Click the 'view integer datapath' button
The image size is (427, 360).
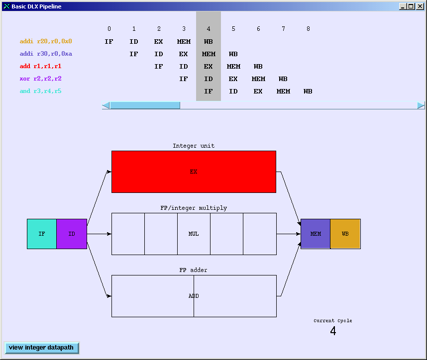click(42, 348)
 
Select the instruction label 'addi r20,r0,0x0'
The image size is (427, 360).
click(46, 41)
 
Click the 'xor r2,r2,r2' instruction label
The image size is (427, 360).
click(41, 79)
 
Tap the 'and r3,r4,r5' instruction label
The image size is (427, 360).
click(41, 91)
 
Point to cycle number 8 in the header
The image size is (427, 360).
click(308, 29)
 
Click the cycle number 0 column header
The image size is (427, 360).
click(109, 29)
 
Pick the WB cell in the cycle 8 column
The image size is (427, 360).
click(308, 91)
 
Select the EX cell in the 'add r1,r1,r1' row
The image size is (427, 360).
click(209, 67)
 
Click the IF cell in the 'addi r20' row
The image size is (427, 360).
click(109, 42)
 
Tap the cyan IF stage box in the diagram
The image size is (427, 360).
click(42, 234)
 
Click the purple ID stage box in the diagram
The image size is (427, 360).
click(72, 234)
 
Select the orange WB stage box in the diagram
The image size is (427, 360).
click(345, 234)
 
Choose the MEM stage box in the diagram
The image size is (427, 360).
click(316, 234)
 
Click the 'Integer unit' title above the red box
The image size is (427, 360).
click(194, 146)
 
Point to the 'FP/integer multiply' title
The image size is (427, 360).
click(194, 208)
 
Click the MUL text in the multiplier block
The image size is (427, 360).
click(194, 234)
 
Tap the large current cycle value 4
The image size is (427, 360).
click(333, 331)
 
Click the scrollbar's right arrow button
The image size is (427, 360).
click(421, 105)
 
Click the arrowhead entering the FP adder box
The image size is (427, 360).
click(109, 296)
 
